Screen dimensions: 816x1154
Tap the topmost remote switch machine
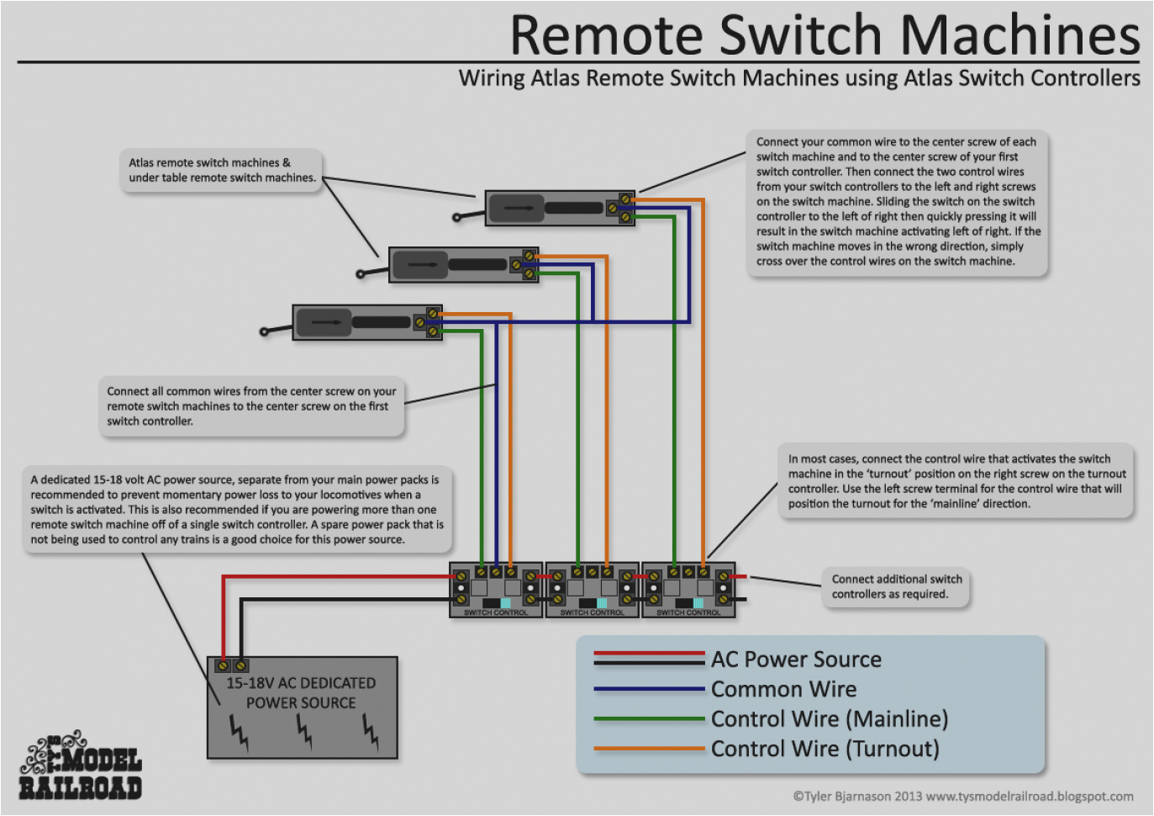point(559,208)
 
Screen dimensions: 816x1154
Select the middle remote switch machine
point(462,265)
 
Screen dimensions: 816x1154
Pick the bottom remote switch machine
point(366,322)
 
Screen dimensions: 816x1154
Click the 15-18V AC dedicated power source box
point(302,708)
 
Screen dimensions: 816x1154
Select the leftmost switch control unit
point(496,590)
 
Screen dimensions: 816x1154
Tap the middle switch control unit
point(593,590)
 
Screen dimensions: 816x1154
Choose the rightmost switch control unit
point(688,590)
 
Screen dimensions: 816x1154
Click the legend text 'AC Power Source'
point(796,660)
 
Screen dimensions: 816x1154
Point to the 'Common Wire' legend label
point(783,689)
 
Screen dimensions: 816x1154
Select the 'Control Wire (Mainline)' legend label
point(830,719)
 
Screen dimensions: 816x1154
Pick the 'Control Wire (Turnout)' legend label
point(825,749)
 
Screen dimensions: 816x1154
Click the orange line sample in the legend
point(649,749)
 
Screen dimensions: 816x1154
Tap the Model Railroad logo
point(80,766)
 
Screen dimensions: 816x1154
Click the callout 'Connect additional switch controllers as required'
point(896,586)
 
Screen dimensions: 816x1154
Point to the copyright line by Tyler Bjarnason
point(962,796)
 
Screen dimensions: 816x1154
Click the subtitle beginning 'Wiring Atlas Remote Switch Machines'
point(798,78)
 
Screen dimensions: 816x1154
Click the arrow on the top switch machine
point(519,208)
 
